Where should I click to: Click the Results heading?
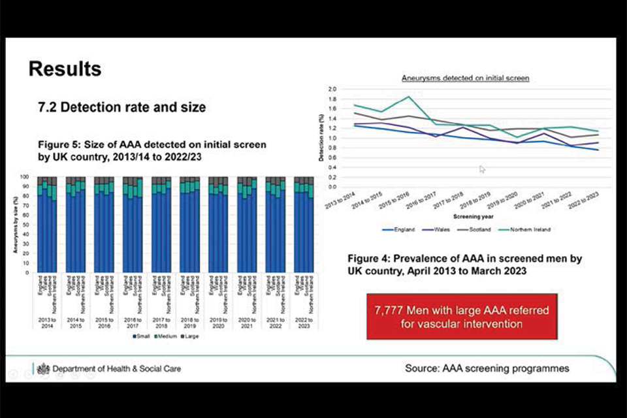65,69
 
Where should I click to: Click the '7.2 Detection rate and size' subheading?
122,107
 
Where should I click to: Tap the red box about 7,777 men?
462,317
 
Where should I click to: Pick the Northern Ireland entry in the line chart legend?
527,229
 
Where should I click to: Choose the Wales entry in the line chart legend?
441,229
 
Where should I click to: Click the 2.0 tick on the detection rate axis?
332,89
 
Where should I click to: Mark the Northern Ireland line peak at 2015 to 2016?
409,97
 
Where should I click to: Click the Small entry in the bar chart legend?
142,336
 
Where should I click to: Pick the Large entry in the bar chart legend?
191,336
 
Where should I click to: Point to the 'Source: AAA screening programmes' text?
487,368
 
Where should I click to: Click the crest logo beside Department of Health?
43,369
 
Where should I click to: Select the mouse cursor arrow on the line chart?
483,169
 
